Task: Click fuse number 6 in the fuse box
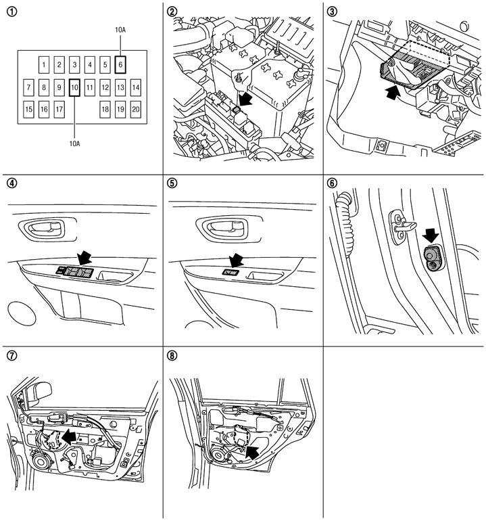120,65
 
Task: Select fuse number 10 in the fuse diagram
74,87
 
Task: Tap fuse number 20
136,109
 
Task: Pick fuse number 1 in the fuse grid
44,65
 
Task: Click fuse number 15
28,109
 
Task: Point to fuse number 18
105,109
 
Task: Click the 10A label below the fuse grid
74,143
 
